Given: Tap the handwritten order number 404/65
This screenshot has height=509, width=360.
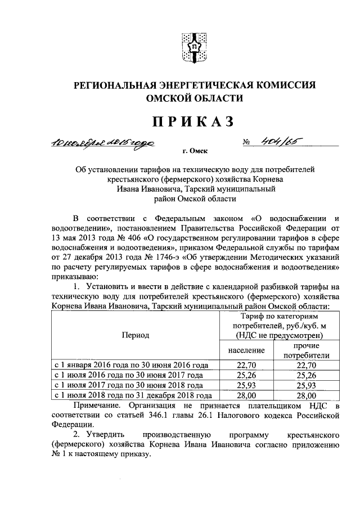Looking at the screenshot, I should [x=276, y=143].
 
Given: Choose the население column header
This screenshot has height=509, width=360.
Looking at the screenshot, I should [x=246, y=350].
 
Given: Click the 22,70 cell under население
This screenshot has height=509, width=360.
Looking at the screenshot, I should [x=246, y=365].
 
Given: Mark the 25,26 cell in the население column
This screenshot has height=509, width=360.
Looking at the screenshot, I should [x=246, y=375].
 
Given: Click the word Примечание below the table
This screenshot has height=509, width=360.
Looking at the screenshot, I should [x=97, y=406].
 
